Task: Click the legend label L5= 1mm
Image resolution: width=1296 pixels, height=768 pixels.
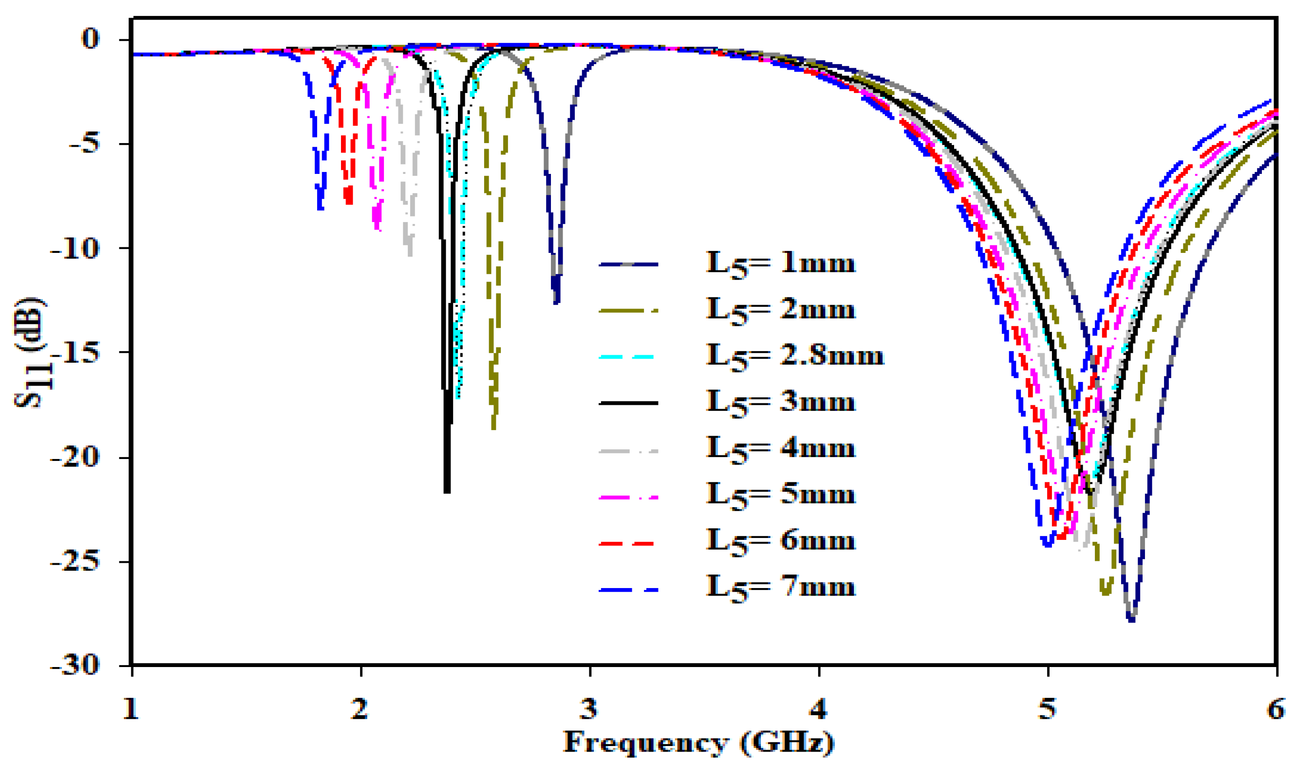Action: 780,264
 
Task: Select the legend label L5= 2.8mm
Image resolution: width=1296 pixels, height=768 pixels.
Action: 795,356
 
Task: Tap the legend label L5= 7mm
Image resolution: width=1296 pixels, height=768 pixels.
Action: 780,588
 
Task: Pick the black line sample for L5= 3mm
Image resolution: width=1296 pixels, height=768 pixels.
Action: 628,402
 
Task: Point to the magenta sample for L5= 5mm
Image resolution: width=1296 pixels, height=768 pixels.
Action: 628,497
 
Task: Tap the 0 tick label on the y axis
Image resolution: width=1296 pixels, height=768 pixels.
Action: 90,39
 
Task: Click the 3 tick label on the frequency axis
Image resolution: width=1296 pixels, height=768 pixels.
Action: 589,710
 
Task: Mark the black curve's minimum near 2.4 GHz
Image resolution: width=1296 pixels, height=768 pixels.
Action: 447,491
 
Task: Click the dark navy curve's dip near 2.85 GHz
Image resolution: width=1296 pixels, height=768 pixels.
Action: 556,301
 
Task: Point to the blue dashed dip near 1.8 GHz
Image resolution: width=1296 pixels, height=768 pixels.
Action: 320,207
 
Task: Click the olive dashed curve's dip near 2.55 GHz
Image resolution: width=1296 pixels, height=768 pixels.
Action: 493,427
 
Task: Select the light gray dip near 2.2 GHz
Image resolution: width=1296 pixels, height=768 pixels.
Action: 410,253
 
